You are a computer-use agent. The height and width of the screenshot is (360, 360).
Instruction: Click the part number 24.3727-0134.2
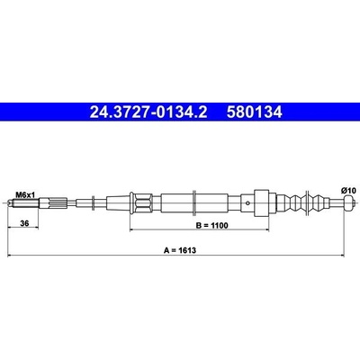148,112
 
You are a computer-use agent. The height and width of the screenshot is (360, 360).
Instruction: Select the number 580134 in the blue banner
255,112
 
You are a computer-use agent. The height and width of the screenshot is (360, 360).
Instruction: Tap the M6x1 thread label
25,195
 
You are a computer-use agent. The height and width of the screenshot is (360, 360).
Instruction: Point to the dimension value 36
24,223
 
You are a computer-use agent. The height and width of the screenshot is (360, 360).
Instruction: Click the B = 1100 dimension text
212,225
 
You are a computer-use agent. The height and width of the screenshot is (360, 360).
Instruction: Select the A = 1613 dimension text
180,250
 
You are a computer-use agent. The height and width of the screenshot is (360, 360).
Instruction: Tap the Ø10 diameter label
348,190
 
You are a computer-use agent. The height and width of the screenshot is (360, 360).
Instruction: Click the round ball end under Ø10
349,203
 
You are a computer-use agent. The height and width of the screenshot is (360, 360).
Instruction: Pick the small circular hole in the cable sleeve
247,203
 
